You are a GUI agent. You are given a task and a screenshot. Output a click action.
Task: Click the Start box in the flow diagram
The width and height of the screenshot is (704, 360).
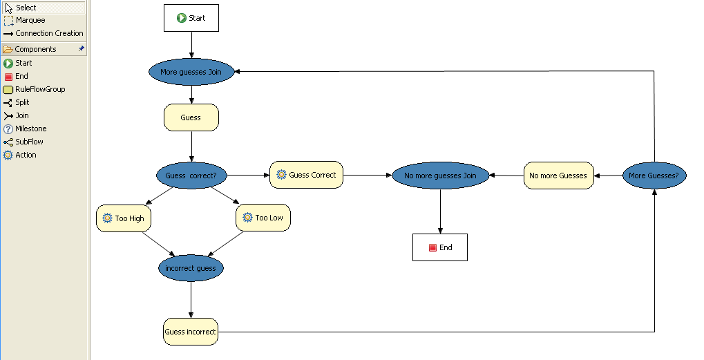(191, 18)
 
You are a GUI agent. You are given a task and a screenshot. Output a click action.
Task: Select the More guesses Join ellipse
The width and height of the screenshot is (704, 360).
(191, 71)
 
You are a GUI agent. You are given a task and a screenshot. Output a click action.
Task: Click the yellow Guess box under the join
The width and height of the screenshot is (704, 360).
(191, 117)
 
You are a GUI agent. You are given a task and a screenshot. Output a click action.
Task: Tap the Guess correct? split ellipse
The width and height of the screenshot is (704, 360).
(191, 176)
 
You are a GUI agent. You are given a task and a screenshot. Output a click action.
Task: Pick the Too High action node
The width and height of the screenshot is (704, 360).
(124, 218)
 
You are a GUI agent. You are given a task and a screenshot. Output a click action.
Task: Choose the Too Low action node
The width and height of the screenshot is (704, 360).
(263, 218)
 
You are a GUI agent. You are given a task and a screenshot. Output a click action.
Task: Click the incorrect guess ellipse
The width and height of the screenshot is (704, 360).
(191, 268)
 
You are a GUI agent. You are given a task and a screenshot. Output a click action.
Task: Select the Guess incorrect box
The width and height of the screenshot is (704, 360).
(190, 332)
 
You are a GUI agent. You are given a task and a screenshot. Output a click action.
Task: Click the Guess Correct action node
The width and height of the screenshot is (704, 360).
(306, 175)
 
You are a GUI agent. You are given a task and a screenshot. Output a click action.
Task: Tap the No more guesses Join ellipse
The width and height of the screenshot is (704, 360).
(440, 176)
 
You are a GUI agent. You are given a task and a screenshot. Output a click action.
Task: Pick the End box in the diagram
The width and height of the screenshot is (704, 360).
(440, 247)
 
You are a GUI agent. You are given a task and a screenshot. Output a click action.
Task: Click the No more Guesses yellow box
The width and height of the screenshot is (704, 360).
(558, 176)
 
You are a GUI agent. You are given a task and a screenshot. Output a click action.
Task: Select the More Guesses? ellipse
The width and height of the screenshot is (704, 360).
(654, 176)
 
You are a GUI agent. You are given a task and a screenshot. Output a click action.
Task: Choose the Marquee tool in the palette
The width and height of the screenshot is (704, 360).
(30, 21)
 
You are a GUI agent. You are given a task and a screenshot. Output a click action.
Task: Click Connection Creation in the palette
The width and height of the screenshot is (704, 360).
(48, 33)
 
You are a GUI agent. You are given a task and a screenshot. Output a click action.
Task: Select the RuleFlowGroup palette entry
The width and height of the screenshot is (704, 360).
(40, 89)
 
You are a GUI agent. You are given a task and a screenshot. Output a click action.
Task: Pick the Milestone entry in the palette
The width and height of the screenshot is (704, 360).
(30, 129)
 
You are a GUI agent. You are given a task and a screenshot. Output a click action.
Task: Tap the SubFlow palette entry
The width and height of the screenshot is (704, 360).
(29, 142)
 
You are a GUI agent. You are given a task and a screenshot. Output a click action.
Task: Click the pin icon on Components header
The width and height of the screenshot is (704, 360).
(82, 49)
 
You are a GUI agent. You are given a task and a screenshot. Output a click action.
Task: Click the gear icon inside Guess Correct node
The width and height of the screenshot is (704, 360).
(281, 175)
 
